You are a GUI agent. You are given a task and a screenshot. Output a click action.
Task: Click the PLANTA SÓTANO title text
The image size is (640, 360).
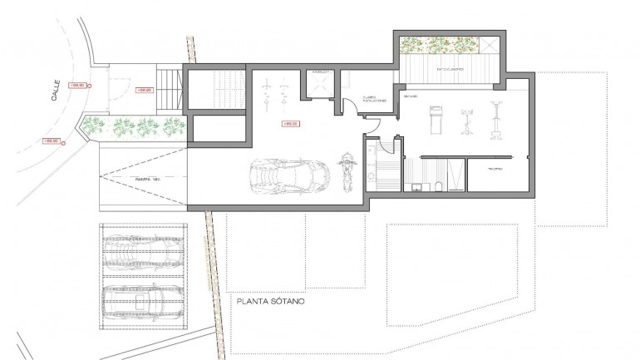pyautogui.click(x=270, y=303)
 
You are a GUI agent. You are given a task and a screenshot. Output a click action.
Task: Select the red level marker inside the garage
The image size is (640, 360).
pyautogui.click(x=291, y=124)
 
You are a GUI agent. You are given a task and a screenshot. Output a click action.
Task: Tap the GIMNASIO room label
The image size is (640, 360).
pyautogui.click(x=411, y=97)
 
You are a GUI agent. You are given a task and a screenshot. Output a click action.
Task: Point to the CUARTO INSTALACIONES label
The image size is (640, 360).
pyautogui.click(x=369, y=99)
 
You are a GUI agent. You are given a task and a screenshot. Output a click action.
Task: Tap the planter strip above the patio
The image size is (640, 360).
pyautogui.click(x=438, y=45)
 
